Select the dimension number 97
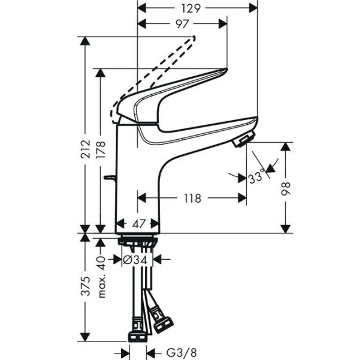point(183,23)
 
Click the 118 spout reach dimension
point(191,197)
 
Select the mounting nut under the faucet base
point(138,242)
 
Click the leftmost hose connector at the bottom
point(137,329)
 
